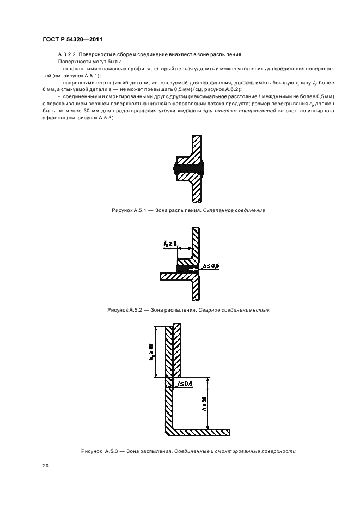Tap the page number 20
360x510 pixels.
pos(46,466)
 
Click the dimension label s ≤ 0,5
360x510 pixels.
pos(211,266)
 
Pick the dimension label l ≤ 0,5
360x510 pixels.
pos(186,384)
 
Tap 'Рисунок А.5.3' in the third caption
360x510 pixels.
pos(100,451)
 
